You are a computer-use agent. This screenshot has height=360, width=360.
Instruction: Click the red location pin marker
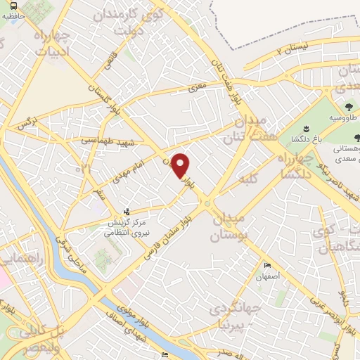point(181,165)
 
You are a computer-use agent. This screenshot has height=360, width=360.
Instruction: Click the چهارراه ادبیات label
point(50,41)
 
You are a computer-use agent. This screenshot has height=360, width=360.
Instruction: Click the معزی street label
point(195,88)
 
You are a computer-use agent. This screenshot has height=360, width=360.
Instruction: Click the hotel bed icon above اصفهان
point(266,265)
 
